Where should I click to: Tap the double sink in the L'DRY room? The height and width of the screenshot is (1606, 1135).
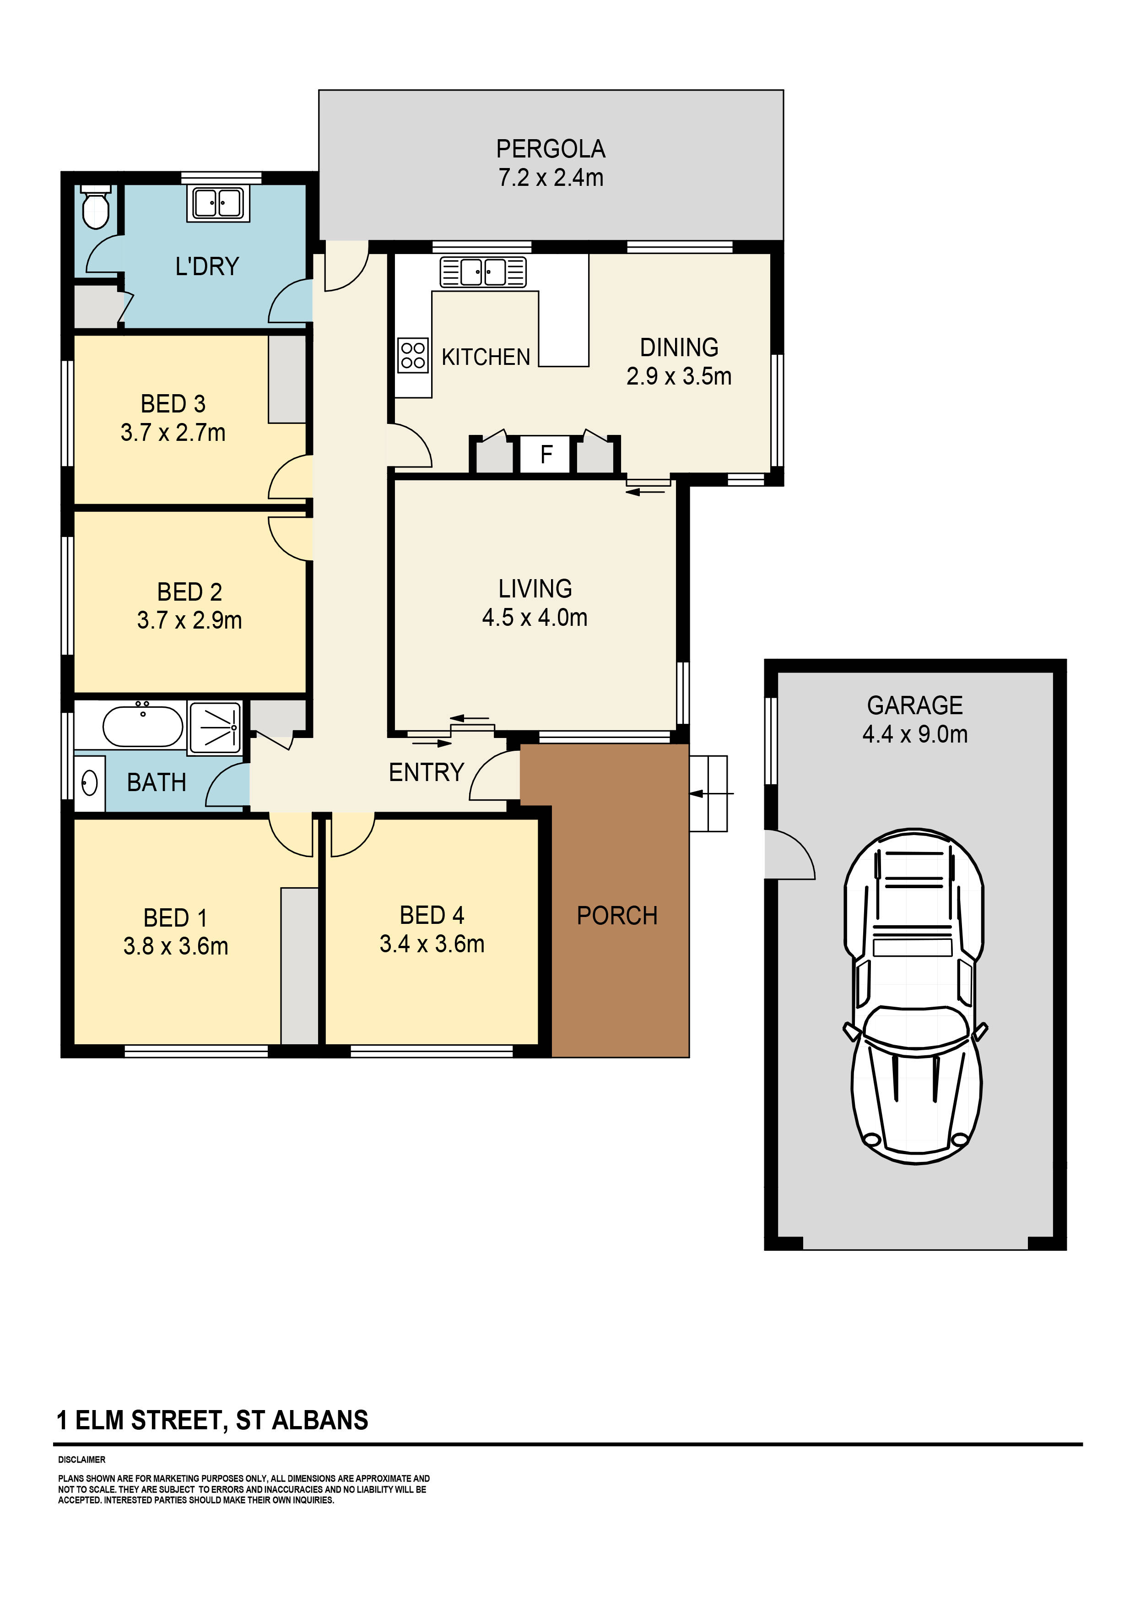pyautogui.click(x=217, y=204)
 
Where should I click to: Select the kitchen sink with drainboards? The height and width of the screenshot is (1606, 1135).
pyautogui.click(x=482, y=272)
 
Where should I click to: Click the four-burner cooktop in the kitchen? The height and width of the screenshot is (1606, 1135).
pyautogui.click(x=413, y=355)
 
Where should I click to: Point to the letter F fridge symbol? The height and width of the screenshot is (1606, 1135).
pyautogui.click(x=546, y=455)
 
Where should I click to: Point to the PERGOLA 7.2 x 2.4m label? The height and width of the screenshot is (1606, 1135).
pyautogui.click(x=551, y=163)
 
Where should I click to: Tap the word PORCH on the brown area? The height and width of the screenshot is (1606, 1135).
pyautogui.click(x=617, y=916)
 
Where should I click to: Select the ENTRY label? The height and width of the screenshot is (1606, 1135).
pyautogui.click(x=426, y=772)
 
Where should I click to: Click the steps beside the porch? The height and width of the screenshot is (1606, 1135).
pyautogui.click(x=708, y=793)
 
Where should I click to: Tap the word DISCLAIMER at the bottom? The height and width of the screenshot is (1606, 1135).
pyautogui.click(x=82, y=1460)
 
